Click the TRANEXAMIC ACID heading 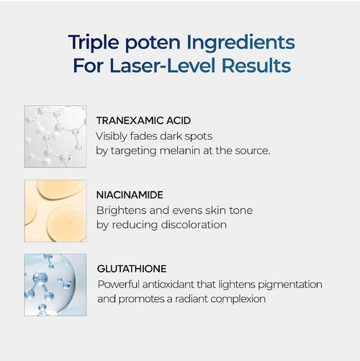(143, 120)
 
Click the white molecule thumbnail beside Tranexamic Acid (55, 137)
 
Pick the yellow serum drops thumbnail (55, 210)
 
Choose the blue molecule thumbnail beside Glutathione (55, 285)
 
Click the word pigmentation (288, 284)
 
